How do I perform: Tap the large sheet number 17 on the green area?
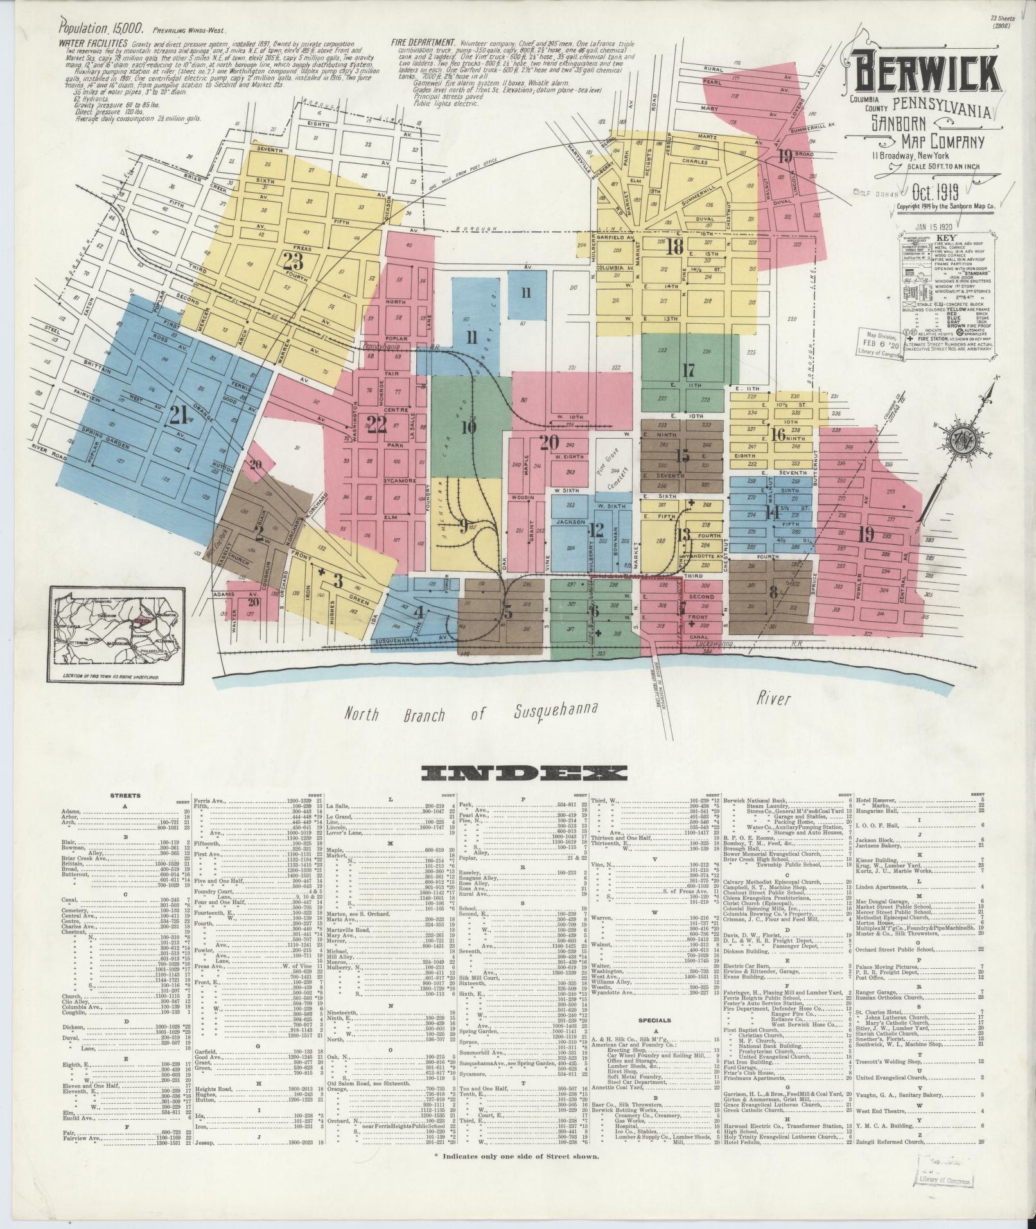[x=689, y=371]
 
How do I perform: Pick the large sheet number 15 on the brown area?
[x=682, y=455]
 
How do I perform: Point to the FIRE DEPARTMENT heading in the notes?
[x=422, y=43]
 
